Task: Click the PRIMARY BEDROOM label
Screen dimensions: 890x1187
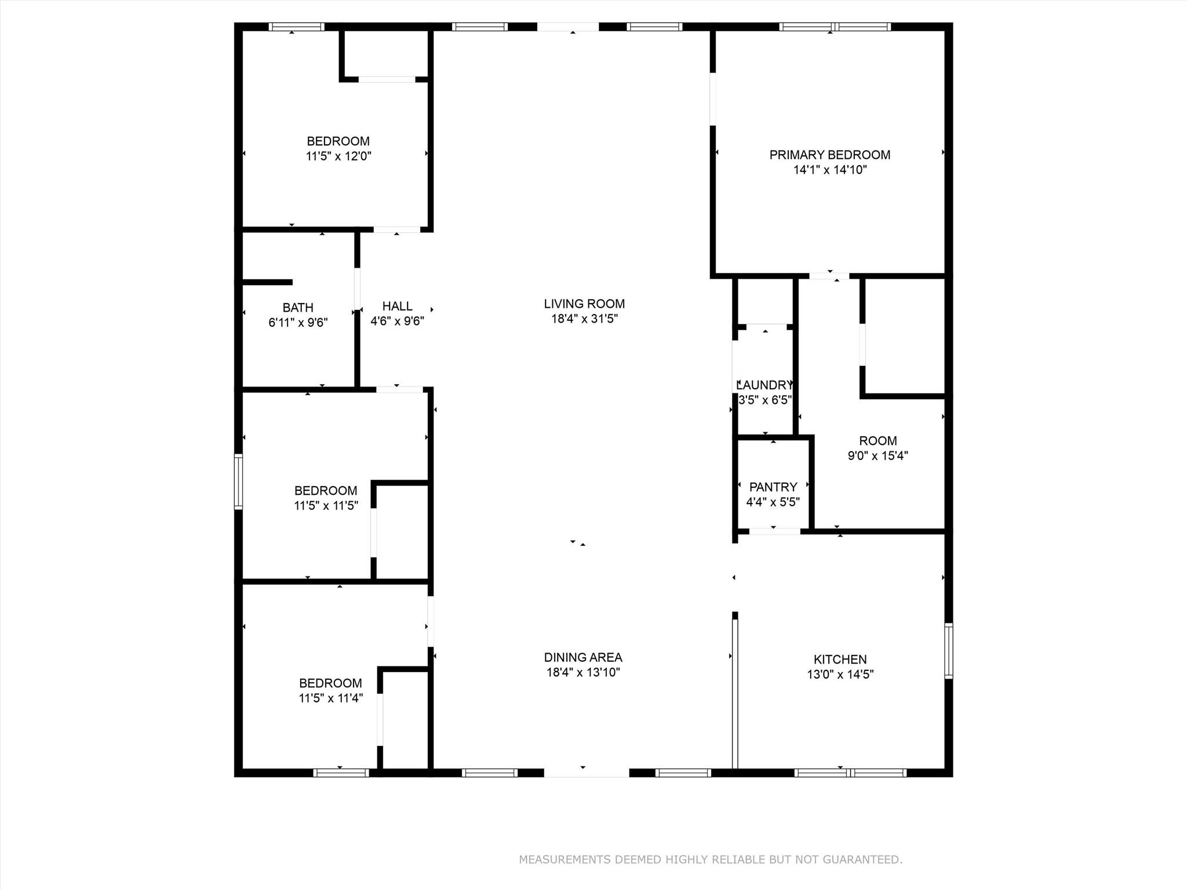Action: pos(829,155)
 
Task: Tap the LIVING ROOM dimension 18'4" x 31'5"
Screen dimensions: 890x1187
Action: pos(584,319)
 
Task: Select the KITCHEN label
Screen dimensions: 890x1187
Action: pos(840,659)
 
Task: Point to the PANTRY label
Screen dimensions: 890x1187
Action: pos(773,487)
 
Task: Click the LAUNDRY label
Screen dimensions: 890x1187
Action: pos(764,385)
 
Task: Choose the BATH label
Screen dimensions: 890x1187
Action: pos(298,308)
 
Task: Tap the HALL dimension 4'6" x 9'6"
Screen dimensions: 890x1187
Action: pos(397,321)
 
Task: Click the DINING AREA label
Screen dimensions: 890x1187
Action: pos(583,657)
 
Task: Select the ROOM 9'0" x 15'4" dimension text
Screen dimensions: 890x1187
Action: pos(877,455)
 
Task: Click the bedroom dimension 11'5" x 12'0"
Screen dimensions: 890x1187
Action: pos(338,156)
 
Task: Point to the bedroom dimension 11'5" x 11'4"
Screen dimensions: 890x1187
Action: pos(330,698)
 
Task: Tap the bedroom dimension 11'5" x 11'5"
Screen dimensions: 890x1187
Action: pos(326,505)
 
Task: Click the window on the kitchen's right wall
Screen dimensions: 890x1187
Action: pos(948,650)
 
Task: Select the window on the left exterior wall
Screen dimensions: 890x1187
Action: pos(238,482)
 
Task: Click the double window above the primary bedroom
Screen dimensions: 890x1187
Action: pos(835,27)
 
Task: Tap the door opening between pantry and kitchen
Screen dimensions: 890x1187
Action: pos(774,531)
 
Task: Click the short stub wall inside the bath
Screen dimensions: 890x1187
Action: pos(267,282)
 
